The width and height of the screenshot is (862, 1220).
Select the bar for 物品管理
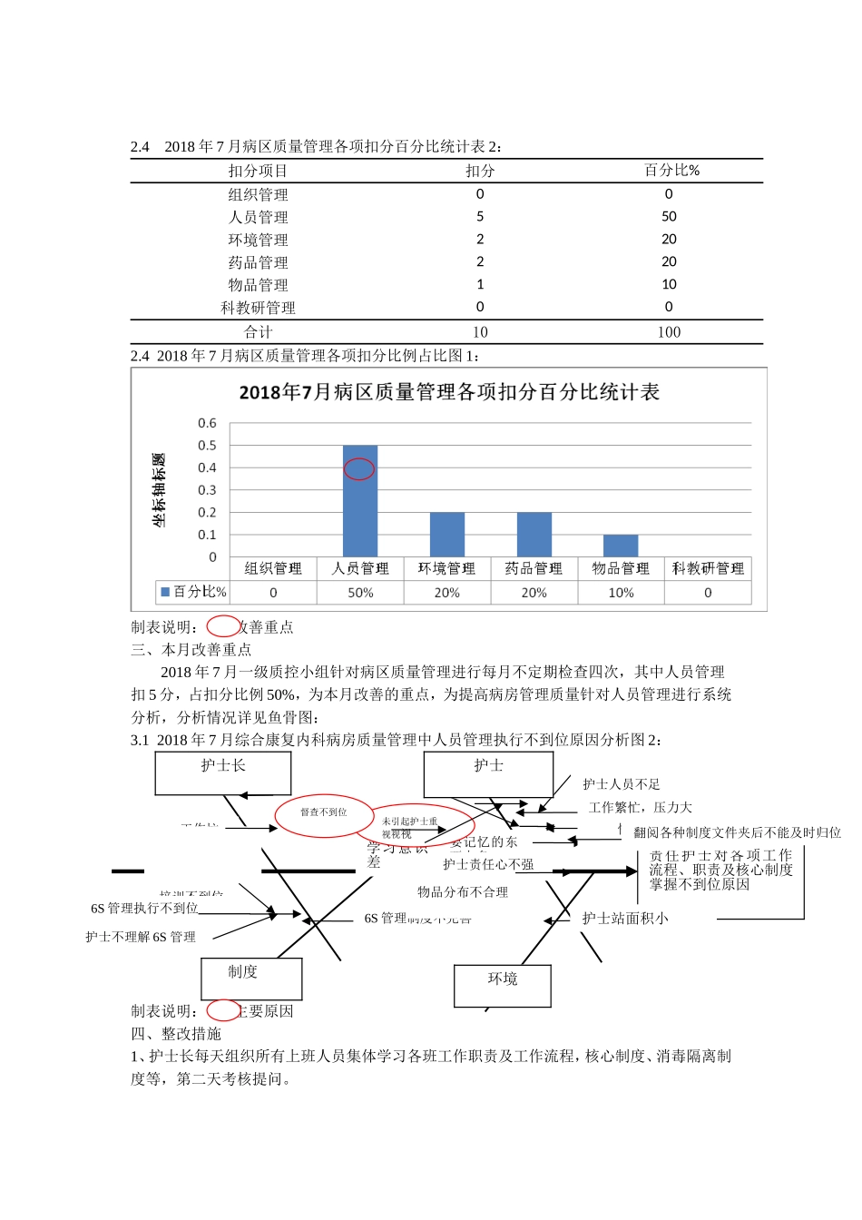pyautogui.click(x=621, y=546)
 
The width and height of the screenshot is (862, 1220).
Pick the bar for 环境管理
pyautogui.click(x=447, y=535)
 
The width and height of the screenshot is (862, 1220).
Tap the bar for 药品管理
pyautogui.click(x=534, y=535)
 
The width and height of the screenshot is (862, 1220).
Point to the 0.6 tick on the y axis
pyautogui.click(x=207, y=423)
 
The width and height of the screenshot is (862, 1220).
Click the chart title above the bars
pyautogui.click(x=449, y=392)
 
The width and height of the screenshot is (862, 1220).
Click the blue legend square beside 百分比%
pyautogui.click(x=165, y=592)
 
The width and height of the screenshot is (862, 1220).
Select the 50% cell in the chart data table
pyautogui.click(x=360, y=593)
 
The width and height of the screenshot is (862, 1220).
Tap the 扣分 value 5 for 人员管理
pyautogui.click(x=480, y=217)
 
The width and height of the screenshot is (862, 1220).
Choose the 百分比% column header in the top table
pyautogui.click(x=671, y=171)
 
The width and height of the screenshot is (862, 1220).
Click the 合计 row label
pyautogui.click(x=258, y=332)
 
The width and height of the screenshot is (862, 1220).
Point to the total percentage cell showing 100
pyautogui.click(x=669, y=332)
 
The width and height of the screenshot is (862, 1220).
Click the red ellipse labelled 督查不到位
pyautogui.click(x=324, y=812)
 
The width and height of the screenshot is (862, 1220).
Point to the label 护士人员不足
pyautogui.click(x=622, y=784)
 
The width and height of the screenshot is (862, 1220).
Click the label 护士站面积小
pyautogui.click(x=625, y=919)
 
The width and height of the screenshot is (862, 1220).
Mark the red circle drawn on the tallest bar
pyautogui.click(x=359, y=468)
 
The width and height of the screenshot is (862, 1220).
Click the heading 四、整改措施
pyautogui.click(x=176, y=1034)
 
